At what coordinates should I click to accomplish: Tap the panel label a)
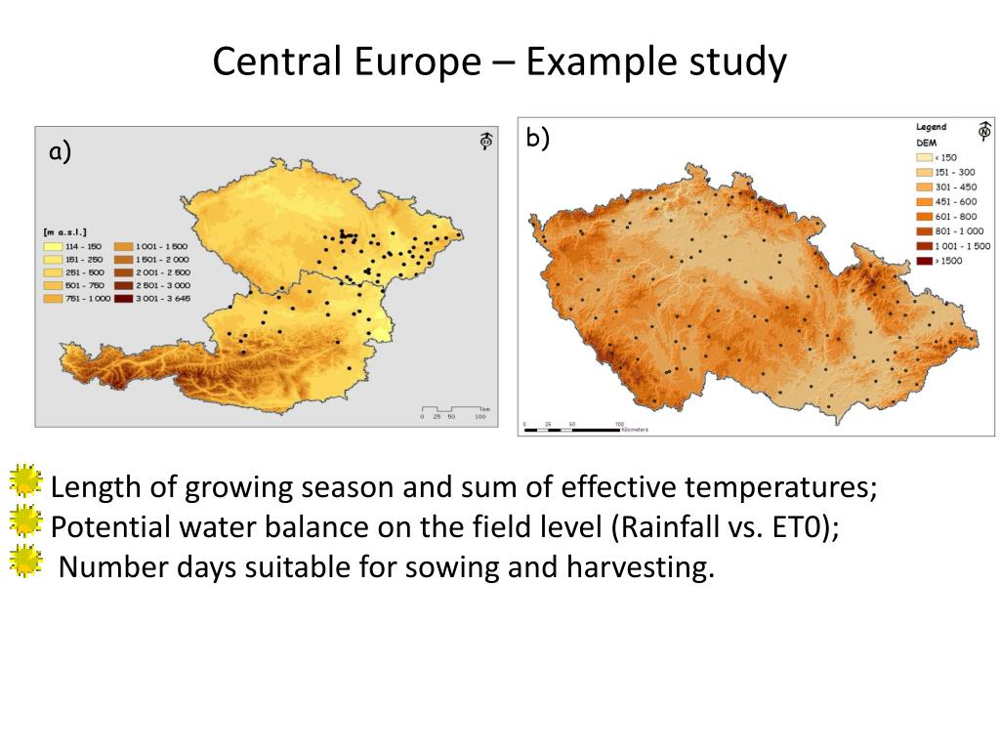click(61, 151)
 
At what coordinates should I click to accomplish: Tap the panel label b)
click(537, 138)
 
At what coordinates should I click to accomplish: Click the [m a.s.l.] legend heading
click(64, 231)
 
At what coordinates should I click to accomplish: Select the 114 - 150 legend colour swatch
click(51, 246)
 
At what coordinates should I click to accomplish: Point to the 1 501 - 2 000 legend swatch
click(125, 259)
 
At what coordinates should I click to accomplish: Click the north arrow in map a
click(485, 142)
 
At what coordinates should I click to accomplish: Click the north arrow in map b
click(984, 131)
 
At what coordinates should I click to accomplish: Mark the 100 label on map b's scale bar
click(618, 425)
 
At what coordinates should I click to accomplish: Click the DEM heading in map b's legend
click(925, 142)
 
